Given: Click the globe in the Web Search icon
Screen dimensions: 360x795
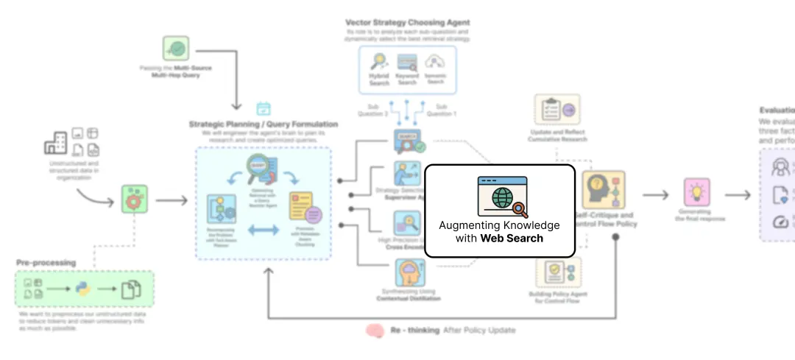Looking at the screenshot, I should pyautogui.click(x=504, y=198).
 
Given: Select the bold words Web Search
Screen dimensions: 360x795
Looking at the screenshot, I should pyautogui.click(x=512, y=238).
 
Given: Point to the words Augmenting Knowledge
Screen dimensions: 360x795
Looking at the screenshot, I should pyautogui.click(x=499, y=225).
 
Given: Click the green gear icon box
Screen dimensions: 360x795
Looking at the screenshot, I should pyautogui.click(x=135, y=200).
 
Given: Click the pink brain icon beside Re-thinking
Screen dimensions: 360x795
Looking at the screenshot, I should pyautogui.click(x=375, y=331).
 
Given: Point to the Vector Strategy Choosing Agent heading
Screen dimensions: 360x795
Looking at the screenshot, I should pyautogui.click(x=407, y=23).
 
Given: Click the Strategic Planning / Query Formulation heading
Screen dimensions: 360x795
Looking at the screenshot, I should pyautogui.click(x=263, y=124).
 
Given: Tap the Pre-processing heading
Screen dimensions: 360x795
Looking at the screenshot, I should pyautogui.click(x=46, y=262).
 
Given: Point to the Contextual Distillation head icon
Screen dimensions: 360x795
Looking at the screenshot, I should pyautogui.click(x=407, y=272).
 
